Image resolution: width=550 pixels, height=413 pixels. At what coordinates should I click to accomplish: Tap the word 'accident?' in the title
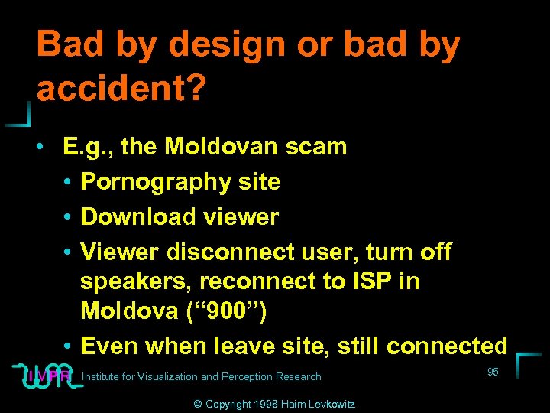[121, 89]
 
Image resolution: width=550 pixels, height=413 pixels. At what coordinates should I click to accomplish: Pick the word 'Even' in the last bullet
[109, 346]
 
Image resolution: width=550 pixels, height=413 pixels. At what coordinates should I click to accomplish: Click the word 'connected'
[447, 346]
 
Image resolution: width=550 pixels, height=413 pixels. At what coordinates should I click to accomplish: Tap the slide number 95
[493, 372]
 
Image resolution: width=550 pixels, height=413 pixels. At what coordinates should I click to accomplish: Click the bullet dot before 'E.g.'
[47, 147]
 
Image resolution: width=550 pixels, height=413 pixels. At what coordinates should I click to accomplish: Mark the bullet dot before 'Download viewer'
[68, 218]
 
